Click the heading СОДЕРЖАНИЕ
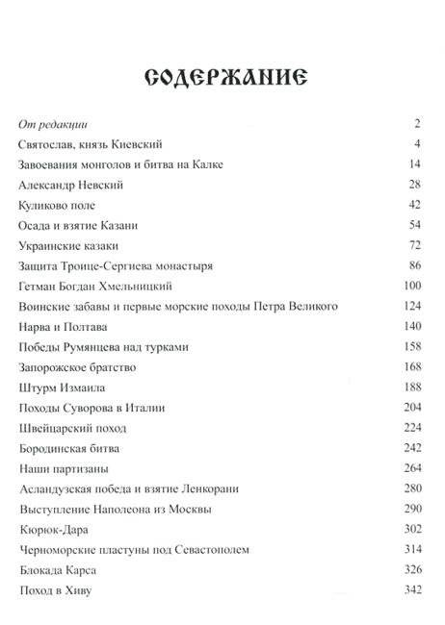point(222,78)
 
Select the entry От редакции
point(54,124)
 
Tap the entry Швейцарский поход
point(70,427)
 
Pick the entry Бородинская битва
point(69,447)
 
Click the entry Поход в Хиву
point(57,588)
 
